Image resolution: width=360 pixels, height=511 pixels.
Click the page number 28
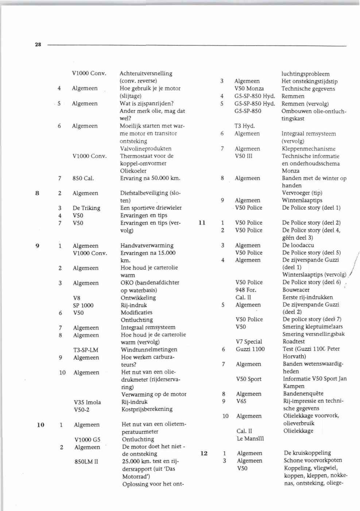pyautogui.click(x=38, y=45)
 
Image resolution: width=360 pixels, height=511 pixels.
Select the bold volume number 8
pyautogui.click(x=37, y=193)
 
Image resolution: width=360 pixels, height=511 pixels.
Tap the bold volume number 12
pyautogui.click(x=204, y=453)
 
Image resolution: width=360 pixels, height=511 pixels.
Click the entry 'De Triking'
pyautogui.click(x=86, y=208)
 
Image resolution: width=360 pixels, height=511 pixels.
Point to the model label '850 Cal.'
pyautogui.click(x=83, y=178)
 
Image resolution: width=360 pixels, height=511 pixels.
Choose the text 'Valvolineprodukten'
pyautogui.click(x=146, y=149)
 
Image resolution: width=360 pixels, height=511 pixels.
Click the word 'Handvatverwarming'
pyautogui.click(x=147, y=245)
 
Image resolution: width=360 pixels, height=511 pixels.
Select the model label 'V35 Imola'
pyautogui.click(x=87, y=402)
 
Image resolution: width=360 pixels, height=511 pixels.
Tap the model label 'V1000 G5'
pyautogui.click(x=87, y=440)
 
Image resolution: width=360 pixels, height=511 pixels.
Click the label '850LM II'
pyautogui.click(x=86, y=462)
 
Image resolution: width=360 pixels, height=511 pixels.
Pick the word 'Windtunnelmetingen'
pyautogui.click(x=149, y=350)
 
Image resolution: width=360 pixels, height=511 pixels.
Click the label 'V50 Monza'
pyautogui.click(x=249, y=89)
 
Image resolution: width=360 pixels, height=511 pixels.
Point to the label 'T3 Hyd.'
pyautogui.click(x=244, y=126)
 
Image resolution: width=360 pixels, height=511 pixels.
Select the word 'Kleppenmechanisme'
pyautogui.click(x=309, y=149)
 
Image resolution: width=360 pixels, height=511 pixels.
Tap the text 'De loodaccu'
pyautogui.click(x=298, y=245)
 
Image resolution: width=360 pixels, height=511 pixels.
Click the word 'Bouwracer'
pyautogui.click(x=296, y=290)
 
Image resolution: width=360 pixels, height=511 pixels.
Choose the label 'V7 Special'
pyautogui.click(x=249, y=342)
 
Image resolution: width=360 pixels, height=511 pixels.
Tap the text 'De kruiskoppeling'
pyautogui.click(x=307, y=453)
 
